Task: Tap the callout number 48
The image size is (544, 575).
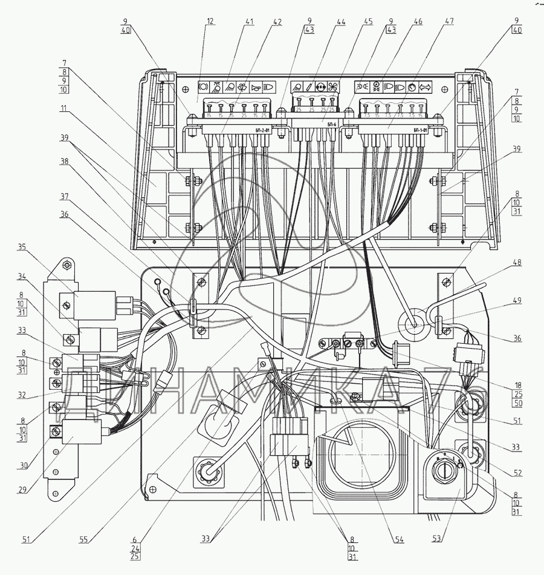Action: click(517, 263)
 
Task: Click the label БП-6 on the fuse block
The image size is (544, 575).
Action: click(331, 124)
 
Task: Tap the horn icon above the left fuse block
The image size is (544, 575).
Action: click(256, 87)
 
